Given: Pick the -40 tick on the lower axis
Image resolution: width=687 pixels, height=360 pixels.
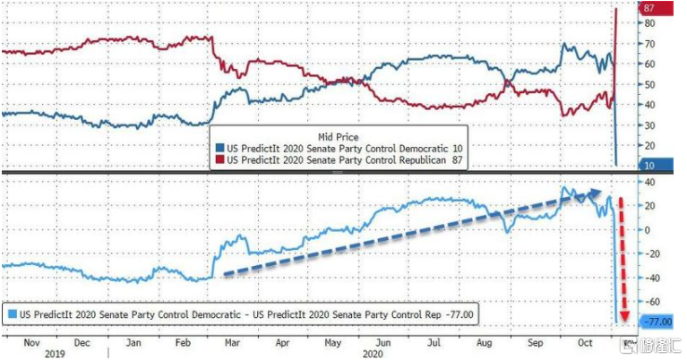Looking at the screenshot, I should click(650, 278).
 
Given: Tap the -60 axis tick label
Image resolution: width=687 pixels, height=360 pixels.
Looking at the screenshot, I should click(650, 302).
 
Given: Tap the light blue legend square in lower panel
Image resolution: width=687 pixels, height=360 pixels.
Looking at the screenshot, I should click(13, 314).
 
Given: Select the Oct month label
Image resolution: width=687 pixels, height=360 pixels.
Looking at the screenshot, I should click(586, 343).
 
